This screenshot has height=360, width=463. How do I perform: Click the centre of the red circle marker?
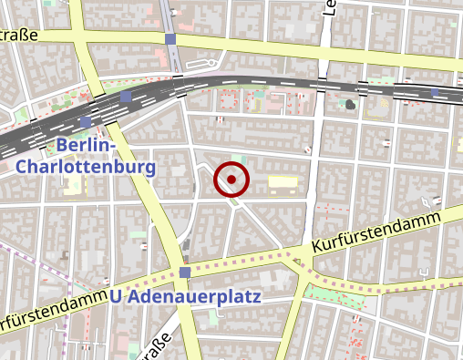click(x=231, y=180)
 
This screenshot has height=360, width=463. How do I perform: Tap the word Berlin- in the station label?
click(x=87, y=146)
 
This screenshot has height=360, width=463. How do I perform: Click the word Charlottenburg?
click(x=86, y=167)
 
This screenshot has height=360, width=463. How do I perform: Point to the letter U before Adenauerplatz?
click(x=116, y=296)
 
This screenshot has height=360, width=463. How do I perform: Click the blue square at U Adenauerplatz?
click(x=185, y=273)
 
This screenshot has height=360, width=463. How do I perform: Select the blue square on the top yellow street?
click(x=171, y=39)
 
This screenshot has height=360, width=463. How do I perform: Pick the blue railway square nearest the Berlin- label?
click(x=86, y=121)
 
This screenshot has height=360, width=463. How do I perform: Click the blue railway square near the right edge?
click(x=436, y=92)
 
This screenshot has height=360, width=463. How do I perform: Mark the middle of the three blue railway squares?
click(x=125, y=96)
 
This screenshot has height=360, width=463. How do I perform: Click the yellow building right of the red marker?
click(x=283, y=184)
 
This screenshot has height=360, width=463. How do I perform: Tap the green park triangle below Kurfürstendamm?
click(x=333, y=293)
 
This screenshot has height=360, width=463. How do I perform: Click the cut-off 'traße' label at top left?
click(x=18, y=36)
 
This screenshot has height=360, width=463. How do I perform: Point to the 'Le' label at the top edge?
click(x=329, y=8)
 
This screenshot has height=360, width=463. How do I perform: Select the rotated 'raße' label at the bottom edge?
click(x=155, y=349)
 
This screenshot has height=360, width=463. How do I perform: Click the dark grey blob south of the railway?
click(x=350, y=104)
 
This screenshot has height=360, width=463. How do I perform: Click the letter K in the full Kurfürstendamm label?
click(x=316, y=247)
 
